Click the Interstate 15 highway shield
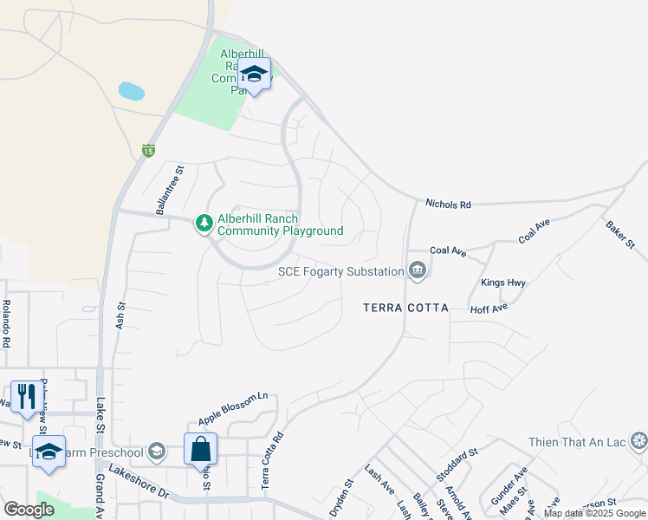coord(149,151)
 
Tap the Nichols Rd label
coord(448,205)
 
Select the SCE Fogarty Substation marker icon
coord(418,271)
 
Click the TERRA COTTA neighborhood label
coord(405,308)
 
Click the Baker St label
coord(619,233)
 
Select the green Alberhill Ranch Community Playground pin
coord(204,224)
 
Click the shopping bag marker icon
coord(200,449)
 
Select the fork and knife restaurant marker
coord(25,397)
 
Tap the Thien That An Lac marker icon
coord(638,442)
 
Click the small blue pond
coord(131,91)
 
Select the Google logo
coord(29,509)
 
